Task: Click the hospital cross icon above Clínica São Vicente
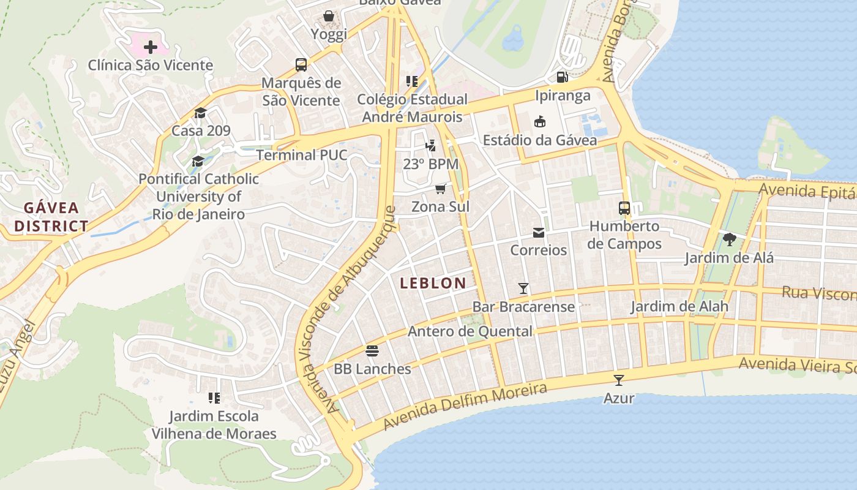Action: (150, 47)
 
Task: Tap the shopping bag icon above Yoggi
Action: (329, 16)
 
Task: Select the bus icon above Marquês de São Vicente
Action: (301, 64)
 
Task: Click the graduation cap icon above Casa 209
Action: (200, 113)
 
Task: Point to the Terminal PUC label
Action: (301, 155)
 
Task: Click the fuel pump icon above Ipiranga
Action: (562, 77)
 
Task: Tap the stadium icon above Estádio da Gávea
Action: (539, 122)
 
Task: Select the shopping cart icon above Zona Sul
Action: (441, 189)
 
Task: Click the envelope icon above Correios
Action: (539, 232)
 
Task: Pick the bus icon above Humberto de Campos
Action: (624, 208)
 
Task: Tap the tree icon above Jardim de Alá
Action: (728, 239)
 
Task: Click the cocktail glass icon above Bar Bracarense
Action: (523, 288)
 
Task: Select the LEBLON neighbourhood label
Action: (433, 283)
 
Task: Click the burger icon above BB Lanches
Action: (372, 351)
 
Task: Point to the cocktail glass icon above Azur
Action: (619, 380)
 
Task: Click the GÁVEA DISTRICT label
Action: (51, 217)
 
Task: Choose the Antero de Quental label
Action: (470, 331)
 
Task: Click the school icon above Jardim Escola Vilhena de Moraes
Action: (214, 398)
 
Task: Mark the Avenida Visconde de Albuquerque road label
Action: (361, 309)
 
